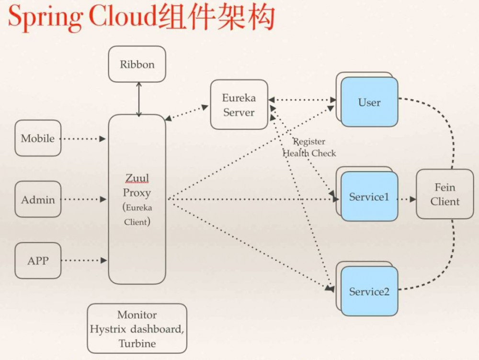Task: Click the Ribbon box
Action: tap(137, 64)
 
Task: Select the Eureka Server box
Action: tap(239, 105)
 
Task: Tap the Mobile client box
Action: tap(38, 139)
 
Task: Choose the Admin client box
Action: tap(38, 199)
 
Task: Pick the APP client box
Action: tap(38, 261)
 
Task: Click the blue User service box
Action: tap(369, 102)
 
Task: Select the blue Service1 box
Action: tap(369, 197)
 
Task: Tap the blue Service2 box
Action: tap(369, 291)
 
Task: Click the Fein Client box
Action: tap(445, 194)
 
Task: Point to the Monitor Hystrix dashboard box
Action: tap(137, 329)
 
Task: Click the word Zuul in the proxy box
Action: tap(137, 179)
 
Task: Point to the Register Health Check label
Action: tap(309, 148)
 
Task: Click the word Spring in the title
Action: tap(46, 18)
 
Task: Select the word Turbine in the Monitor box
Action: tap(137, 343)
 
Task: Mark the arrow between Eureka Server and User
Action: tap(302, 100)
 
